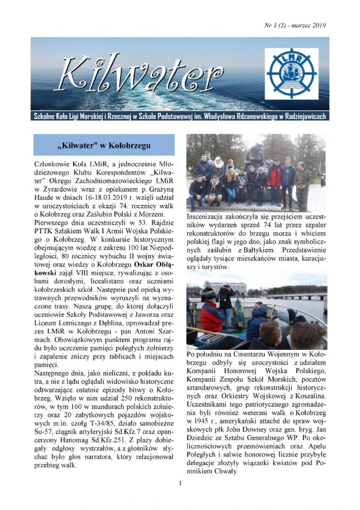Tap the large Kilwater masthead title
tap(140, 74)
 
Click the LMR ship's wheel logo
tap(292, 73)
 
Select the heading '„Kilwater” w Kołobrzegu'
tap(104, 145)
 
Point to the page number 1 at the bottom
tap(180, 483)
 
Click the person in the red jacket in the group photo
tap(275, 176)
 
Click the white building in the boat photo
tap(229, 287)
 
